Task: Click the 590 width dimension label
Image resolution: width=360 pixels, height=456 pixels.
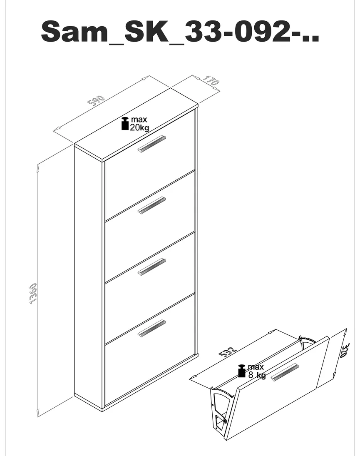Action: (96, 100)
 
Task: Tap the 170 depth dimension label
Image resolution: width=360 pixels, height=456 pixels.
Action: (211, 80)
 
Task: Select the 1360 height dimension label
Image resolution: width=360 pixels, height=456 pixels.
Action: (33, 294)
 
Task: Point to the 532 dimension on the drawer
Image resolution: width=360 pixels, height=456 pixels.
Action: (228, 351)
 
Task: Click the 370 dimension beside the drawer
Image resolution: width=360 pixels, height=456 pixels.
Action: (345, 351)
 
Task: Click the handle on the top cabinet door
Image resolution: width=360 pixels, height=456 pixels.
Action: (151, 144)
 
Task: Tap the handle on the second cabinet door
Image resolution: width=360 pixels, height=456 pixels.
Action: (151, 205)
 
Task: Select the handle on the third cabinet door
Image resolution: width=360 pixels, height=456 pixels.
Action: (151, 267)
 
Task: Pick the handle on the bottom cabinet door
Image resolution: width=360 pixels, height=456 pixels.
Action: (151, 328)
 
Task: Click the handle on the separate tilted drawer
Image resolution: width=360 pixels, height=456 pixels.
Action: (285, 372)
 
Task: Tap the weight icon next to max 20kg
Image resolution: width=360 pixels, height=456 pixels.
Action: (125, 124)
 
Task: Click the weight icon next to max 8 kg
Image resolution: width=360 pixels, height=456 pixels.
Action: (242, 371)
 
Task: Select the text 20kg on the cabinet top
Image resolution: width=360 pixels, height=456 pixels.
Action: (139, 128)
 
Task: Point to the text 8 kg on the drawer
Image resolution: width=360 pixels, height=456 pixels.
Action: (257, 375)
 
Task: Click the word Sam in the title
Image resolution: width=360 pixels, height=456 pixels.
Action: (74, 31)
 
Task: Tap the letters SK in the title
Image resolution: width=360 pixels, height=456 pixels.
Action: (146, 31)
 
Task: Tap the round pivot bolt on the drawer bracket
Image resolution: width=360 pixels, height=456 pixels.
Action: (225, 421)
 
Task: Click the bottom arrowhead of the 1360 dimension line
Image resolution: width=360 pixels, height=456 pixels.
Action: (38, 413)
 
